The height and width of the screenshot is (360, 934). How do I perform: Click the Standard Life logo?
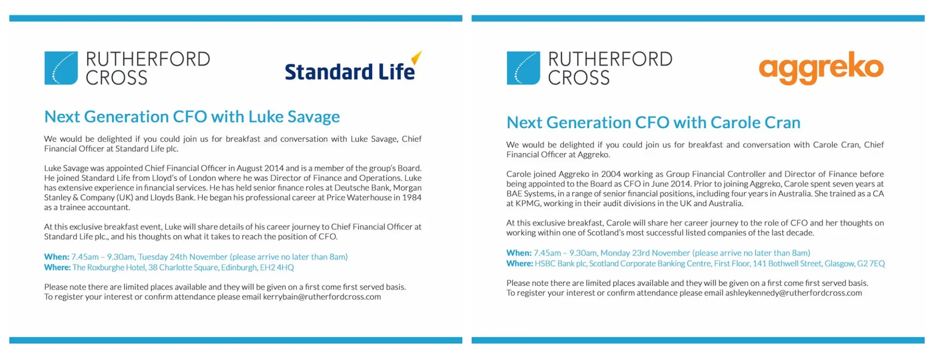pyautogui.click(x=353, y=67)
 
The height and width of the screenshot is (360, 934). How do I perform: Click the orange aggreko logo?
pyautogui.click(x=821, y=68)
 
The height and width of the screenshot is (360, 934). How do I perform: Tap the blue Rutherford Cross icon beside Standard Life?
pyautogui.click(x=61, y=68)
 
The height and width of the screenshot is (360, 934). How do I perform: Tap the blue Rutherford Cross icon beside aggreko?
pyautogui.click(x=523, y=68)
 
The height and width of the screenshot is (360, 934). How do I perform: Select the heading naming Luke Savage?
pyautogui.click(x=192, y=117)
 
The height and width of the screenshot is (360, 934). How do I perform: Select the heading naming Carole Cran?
pyautogui.click(x=653, y=123)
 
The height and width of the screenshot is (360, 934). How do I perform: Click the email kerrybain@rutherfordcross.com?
pyautogui.click(x=322, y=297)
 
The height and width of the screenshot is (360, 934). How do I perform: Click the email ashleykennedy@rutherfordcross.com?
pyautogui.click(x=793, y=293)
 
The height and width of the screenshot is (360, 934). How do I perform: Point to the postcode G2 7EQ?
pyautogui.click(x=871, y=264)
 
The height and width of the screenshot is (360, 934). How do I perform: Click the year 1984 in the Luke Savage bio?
pyautogui.click(x=412, y=198)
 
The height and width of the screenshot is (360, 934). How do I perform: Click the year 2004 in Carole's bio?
pyautogui.click(x=611, y=174)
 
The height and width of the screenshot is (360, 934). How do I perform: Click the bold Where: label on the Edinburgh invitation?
pyautogui.click(x=57, y=268)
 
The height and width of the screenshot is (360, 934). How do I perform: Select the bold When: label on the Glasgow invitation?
pyautogui.click(x=519, y=253)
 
